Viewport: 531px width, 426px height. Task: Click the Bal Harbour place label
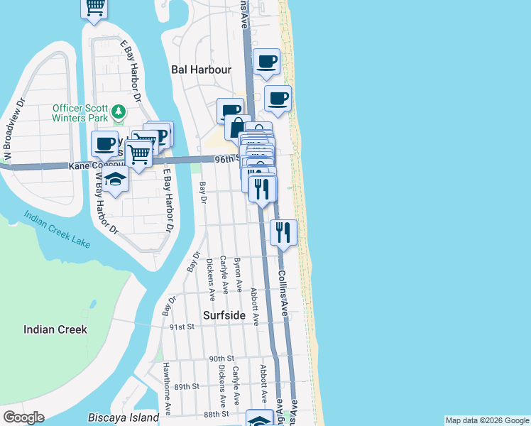pos(202,70)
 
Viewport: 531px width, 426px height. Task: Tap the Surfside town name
pos(224,315)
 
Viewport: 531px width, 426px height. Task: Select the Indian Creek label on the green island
pos(55,329)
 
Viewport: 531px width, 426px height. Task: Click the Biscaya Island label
pos(124,417)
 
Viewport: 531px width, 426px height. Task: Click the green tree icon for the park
pos(119,112)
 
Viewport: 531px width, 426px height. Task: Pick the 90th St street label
pos(221,359)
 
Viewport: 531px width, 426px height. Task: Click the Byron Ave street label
pos(238,273)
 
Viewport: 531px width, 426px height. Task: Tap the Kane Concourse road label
pos(97,166)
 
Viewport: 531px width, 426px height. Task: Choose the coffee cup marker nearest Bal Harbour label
pos(267,62)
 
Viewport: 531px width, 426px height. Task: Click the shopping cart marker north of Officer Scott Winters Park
pos(94,9)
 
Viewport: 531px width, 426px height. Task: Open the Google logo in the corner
pos(23,417)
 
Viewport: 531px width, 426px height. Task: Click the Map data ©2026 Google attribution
pos(487,420)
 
